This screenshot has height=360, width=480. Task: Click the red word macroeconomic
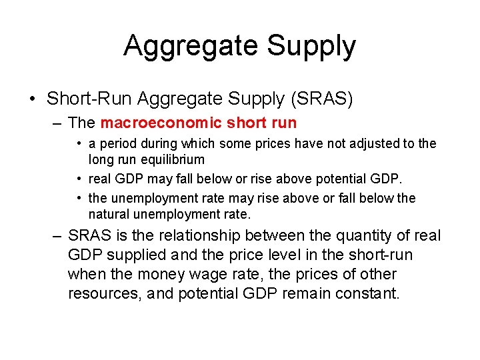[x=160, y=123]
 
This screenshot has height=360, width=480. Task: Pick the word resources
[x=103, y=293]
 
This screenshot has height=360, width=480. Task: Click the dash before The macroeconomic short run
[x=57, y=123]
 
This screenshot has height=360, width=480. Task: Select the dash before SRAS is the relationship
[x=57, y=237]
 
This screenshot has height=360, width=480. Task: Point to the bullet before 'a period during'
[x=79, y=143]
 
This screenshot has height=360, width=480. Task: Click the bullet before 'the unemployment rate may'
[x=79, y=198]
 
